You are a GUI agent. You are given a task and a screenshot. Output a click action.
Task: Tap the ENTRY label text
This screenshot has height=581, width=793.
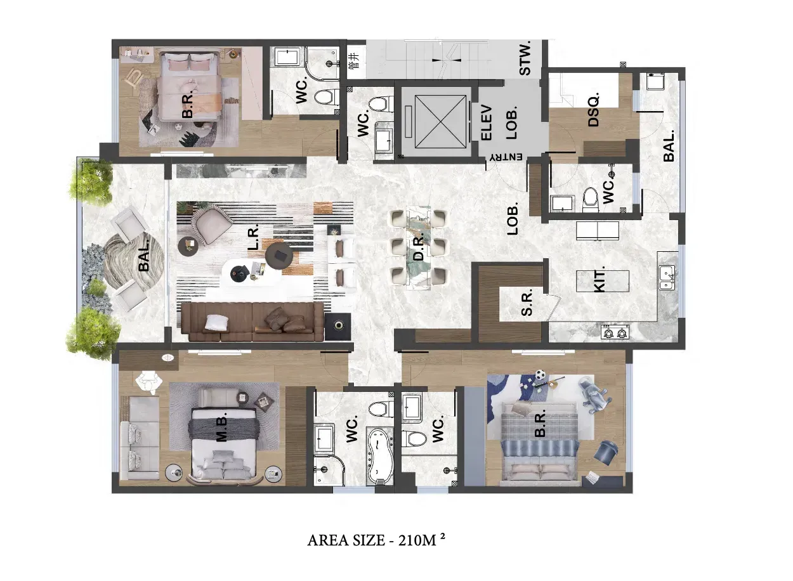(x=506, y=157)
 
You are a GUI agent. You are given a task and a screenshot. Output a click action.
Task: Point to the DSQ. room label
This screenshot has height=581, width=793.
(x=593, y=109)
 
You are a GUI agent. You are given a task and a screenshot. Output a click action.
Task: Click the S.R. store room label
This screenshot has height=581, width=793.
(x=527, y=302)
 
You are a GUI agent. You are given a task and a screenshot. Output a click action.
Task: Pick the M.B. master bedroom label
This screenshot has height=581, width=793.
(x=222, y=429)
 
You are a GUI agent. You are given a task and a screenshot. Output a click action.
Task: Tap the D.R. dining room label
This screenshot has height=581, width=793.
(x=419, y=249)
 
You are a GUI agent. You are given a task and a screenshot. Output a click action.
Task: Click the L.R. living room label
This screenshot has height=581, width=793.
(x=254, y=237)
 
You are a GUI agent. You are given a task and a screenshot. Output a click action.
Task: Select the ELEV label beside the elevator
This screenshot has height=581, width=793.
(x=487, y=122)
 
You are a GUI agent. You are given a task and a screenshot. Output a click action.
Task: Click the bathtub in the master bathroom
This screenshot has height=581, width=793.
(x=380, y=457)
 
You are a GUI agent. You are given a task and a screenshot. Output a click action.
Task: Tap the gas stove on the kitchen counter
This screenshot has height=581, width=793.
(x=615, y=333)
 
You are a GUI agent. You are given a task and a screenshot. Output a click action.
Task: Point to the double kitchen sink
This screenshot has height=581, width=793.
(x=667, y=278)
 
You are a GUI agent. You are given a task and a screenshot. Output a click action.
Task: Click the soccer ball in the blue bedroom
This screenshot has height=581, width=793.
(x=539, y=375)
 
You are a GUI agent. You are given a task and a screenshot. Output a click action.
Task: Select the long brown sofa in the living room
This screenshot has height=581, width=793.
(x=252, y=322)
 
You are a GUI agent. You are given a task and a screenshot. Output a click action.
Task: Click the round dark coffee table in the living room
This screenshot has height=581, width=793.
(x=279, y=254)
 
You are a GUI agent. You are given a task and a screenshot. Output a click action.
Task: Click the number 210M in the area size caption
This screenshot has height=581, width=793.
(x=417, y=540)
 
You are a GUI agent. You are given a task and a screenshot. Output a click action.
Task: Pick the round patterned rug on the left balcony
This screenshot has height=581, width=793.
(x=134, y=261)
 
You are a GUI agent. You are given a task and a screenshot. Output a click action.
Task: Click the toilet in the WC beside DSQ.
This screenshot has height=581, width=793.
(x=590, y=199)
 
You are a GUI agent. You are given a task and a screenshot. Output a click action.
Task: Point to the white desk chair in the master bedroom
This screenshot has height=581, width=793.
(x=149, y=382)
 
